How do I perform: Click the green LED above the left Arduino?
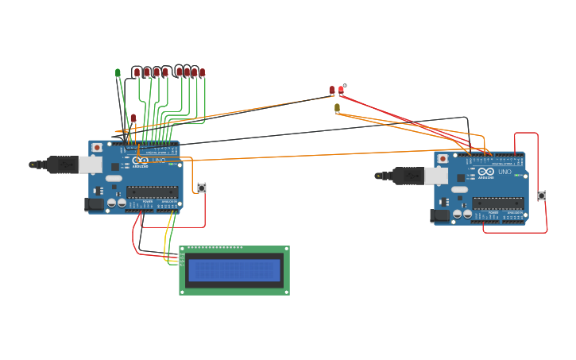pyautogui.click(x=118, y=72)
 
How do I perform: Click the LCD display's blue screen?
pyautogui.click(x=234, y=270)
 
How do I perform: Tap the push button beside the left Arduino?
pyautogui.click(x=202, y=188)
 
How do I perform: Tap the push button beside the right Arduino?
pyautogui.click(x=542, y=195)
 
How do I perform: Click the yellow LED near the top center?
pyautogui.click(x=337, y=107)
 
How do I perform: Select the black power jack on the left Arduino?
pyautogui.click(x=93, y=204)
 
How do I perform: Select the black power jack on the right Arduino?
pyautogui.click(x=439, y=215)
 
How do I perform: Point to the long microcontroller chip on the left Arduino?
pyautogui.click(x=153, y=191)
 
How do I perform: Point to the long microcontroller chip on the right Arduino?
pyautogui.click(x=498, y=203)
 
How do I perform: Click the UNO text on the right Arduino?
pyautogui.click(x=504, y=172)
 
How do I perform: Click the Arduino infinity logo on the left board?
pyautogui.click(x=141, y=161)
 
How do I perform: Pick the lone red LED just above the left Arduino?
pyautogui.click(x=133, y=118)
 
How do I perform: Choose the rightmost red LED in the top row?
pyautogui.click(x=202, y=72)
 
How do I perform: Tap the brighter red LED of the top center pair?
pyautogui.click(x=341, y=90)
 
